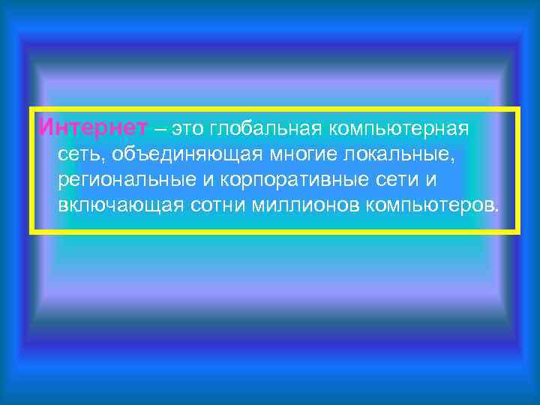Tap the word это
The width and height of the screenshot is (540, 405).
click(187, 129)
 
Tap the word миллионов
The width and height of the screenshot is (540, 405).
click(299, 206)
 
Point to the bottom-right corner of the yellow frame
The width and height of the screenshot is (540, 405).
click(517, 232)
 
